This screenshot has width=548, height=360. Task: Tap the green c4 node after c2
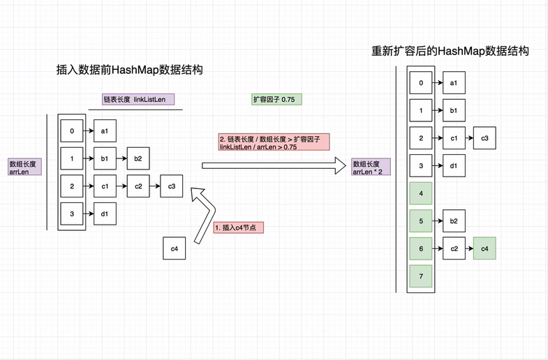(x=484, y=248)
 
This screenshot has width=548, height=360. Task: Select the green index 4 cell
(x=421, y=193)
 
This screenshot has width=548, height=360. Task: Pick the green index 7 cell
(x=421, y=276)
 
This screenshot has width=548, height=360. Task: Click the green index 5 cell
(x=421, y=221)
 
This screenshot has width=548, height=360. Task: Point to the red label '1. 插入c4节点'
(x=239, y=228)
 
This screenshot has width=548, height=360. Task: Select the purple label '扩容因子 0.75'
(x=274, y=100)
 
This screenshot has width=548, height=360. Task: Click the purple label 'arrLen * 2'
(x=371, y=167)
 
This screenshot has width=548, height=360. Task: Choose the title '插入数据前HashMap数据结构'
(x=124, y=70)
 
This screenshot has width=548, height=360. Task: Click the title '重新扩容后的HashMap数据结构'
(x=450, y=51)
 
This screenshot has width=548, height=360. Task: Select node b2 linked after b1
(x=138, y=158)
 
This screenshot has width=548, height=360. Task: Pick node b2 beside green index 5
(x=454, y=221)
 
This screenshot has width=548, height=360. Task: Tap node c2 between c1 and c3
(x=138, y=186)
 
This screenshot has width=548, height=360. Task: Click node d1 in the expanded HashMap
(x=454, y=166)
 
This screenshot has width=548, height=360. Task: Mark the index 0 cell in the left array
(x=72, y=130)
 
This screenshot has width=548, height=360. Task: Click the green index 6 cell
(x=421, y=248)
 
